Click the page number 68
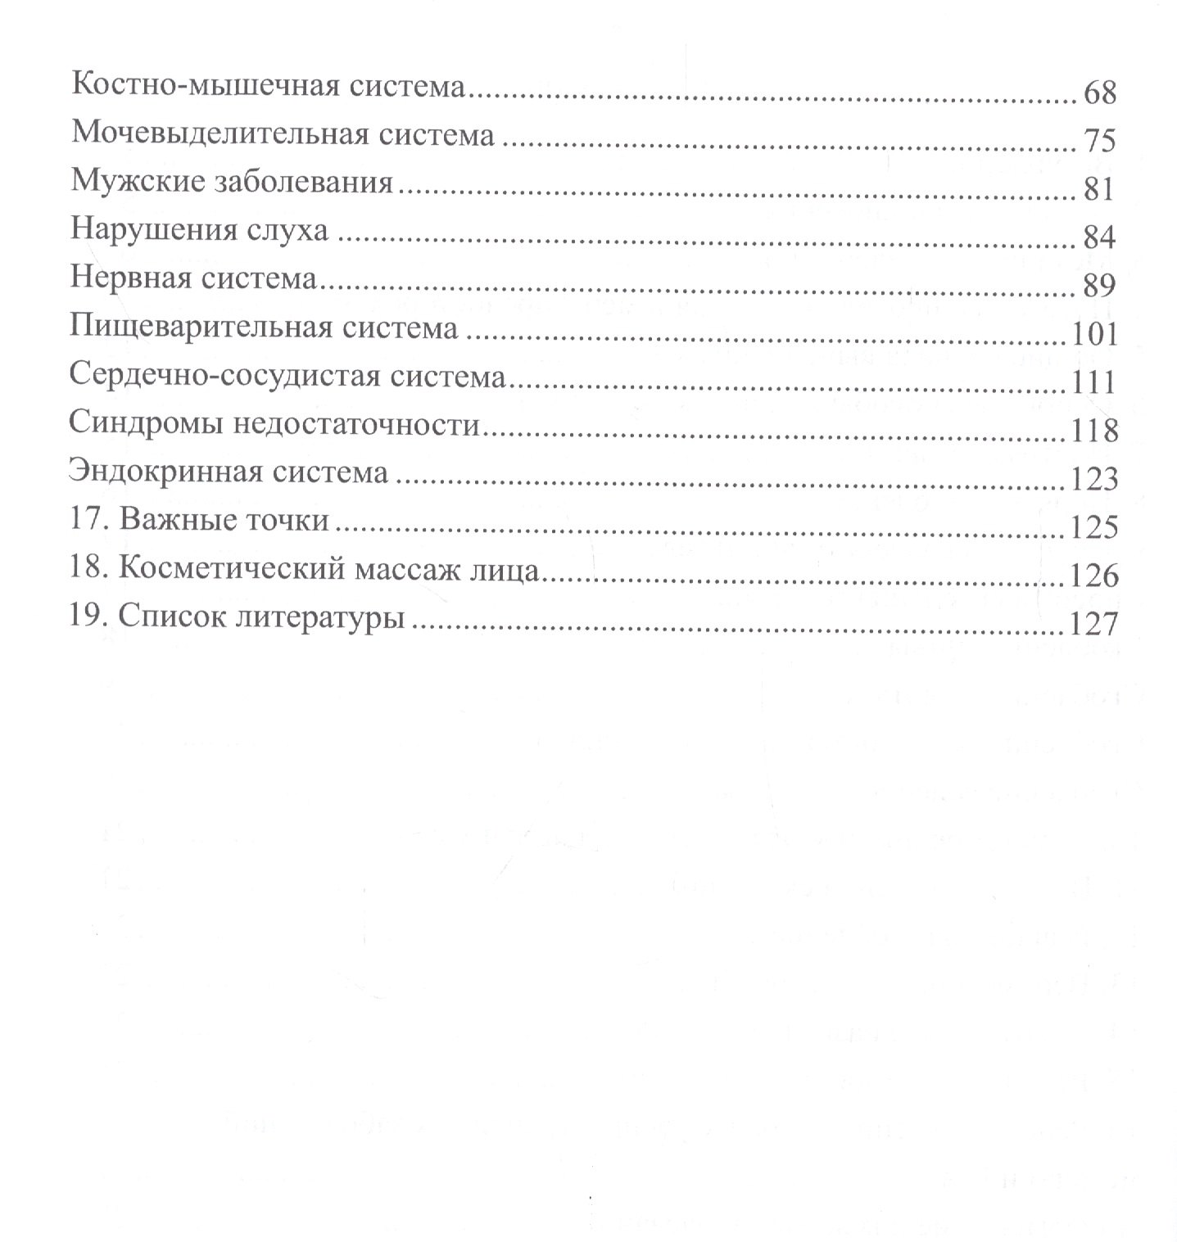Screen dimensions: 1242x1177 [x=1099, y=93]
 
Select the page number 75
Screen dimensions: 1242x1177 [x=1099, y=141]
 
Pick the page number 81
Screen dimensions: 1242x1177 [x=1098, y=189]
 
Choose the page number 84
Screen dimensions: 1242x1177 [x=1099, y=237]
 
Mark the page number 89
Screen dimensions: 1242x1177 [x=1099, y=286]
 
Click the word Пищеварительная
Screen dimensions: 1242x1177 [x=201, y=327]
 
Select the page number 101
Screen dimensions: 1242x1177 [x=1093, y=334]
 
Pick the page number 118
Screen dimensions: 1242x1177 [x=1093, y=430]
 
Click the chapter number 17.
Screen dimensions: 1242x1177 [x=84, y=521]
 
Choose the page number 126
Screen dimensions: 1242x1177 [x=1093, y=576]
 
